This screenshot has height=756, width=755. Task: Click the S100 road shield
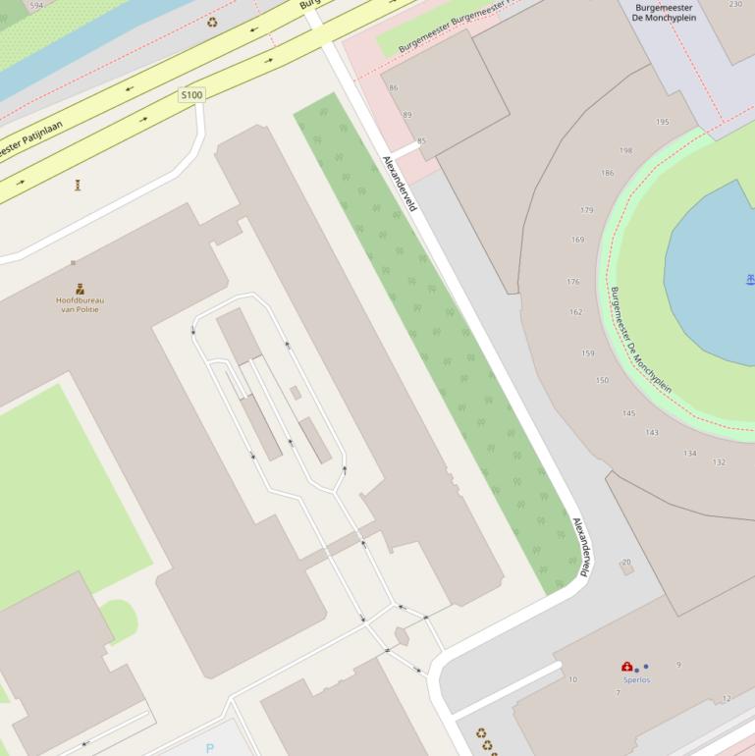click(x=191, y=95)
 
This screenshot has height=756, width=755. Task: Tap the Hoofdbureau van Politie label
click(x=80, y=304)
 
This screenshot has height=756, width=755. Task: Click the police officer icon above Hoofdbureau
click(x=80, y=289)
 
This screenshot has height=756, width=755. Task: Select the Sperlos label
click(x=636, y=679)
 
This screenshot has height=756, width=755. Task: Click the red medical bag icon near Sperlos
click(x=627, y=668)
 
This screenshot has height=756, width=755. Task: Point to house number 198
click(x=625, y=151)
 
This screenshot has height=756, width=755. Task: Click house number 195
click(x=663, y=122)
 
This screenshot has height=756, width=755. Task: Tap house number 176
click(x=572, y=282)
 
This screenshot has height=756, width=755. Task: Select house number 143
click(x=652, y=433)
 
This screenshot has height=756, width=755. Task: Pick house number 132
click(x=719, y=462)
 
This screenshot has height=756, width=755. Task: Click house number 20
click(x=626, y=563)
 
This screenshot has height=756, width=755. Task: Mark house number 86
click(x=394, y=88)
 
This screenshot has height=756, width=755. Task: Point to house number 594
click(x=37, y=6)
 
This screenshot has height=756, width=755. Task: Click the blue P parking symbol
click(x=209, y=748)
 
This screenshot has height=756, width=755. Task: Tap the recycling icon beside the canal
click(x=212, y=22)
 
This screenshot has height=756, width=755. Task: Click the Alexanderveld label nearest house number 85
click(x=401, y=183)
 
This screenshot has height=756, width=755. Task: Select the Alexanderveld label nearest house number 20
click(x=583, y=546)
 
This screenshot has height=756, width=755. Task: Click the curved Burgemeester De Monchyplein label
click(x=640, y=340)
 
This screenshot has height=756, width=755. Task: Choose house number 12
click(x=727, y=699)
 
